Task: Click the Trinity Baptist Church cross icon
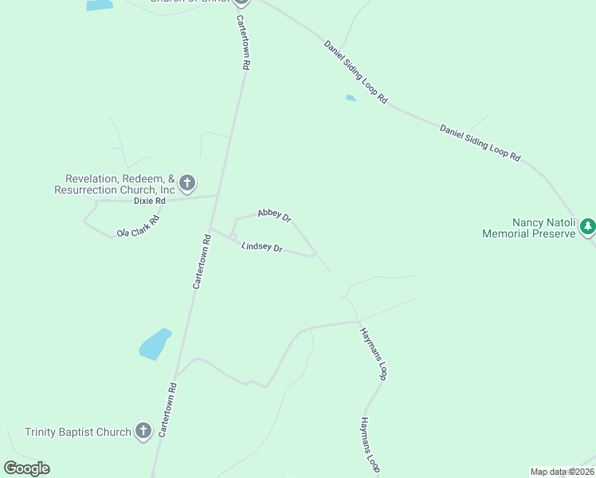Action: (143, 432)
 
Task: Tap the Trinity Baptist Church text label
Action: (78, 433)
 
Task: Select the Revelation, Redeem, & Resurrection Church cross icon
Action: (187, 184)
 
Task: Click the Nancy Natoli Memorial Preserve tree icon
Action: (588, 227)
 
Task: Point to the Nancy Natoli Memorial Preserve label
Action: (528, 228)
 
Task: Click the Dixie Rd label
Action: (149, 201)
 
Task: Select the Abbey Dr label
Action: (274, 215)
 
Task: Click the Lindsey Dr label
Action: (262, 248)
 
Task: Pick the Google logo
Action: (26, 468)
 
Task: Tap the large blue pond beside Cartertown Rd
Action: (155, 344)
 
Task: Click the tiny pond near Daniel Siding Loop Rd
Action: (351, 99)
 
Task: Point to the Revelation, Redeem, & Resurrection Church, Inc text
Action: (115, 185)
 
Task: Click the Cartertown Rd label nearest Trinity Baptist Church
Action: (167, 409)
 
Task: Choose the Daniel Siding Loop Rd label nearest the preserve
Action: (480, 143)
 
